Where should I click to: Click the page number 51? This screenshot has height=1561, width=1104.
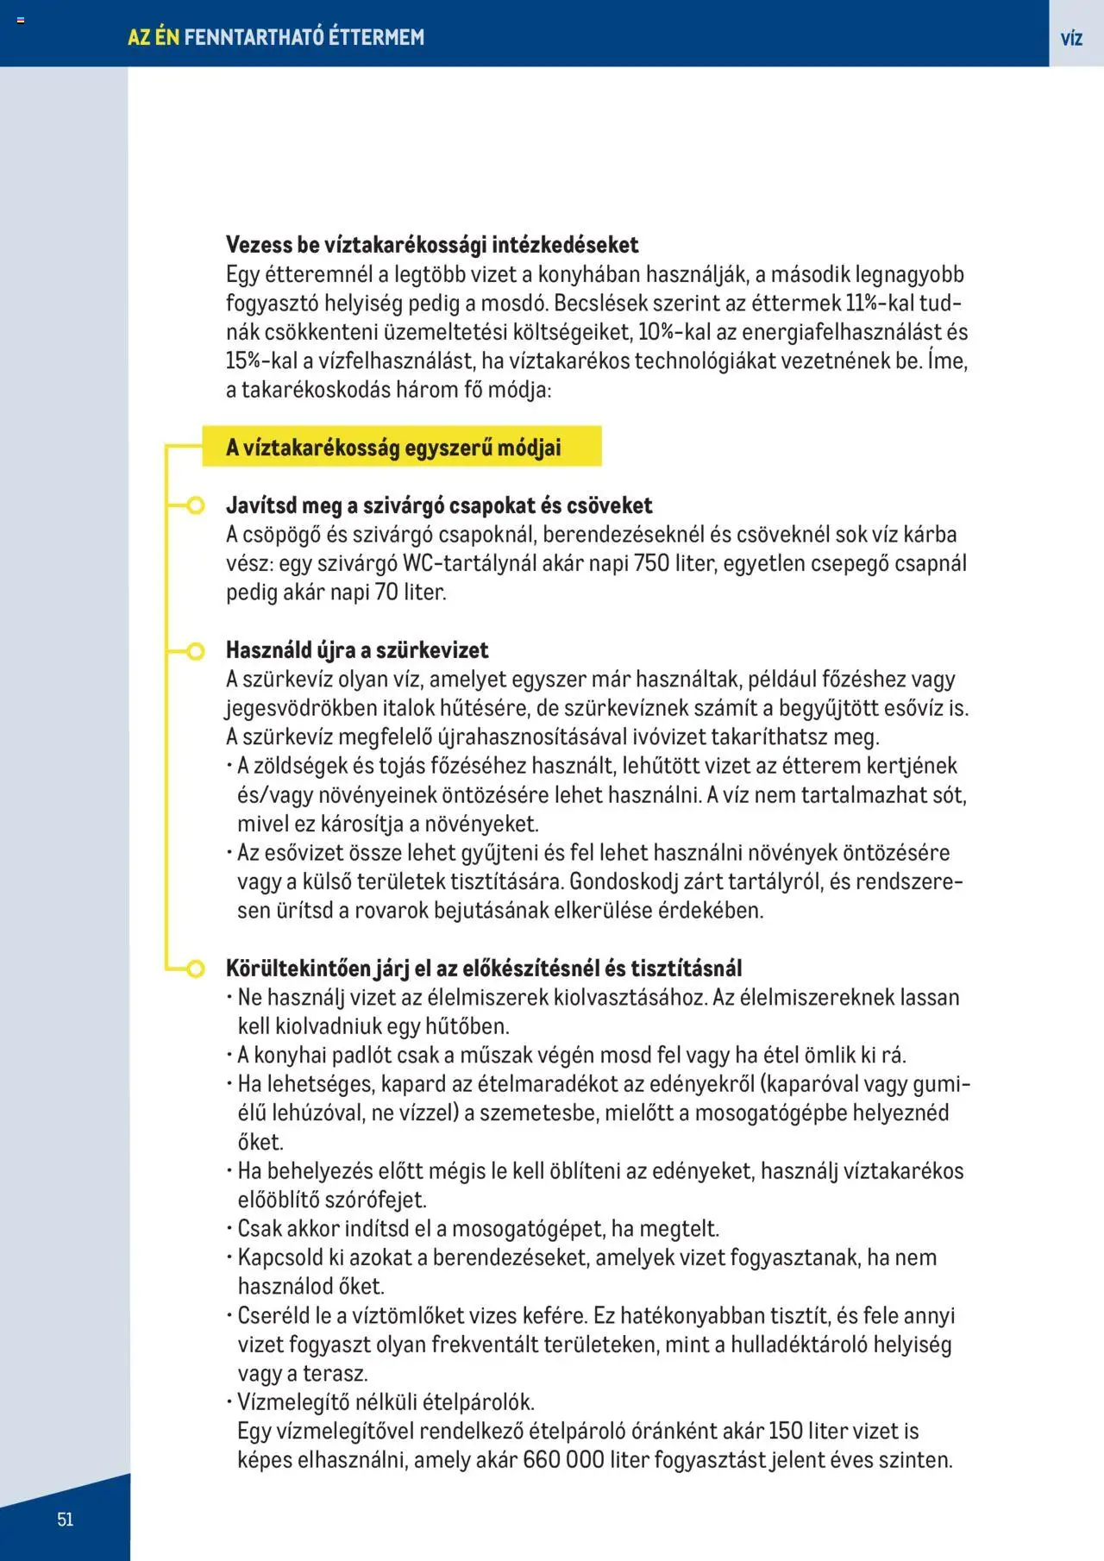(x=66, y=1520)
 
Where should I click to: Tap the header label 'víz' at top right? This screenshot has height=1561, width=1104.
(x=1071, y=38)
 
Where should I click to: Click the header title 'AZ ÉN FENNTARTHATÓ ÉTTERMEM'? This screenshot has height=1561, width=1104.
(x=276, y=37)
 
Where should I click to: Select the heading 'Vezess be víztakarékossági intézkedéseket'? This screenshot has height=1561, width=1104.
(x=432, y=245)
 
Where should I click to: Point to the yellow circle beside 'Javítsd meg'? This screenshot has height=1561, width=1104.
(x=196, y=505)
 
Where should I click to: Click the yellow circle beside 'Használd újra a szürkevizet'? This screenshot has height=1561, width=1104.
(x=196, y=650)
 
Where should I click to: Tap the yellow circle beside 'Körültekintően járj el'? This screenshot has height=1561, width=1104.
(x=196, y=969)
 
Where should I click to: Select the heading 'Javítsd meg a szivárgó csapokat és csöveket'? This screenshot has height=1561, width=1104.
(x=439, y=505)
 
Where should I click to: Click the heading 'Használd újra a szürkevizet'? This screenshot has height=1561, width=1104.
(x=357, y=650)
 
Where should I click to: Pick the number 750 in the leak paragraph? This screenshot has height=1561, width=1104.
(x=651, y=563)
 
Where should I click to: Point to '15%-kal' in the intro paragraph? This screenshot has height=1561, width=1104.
(x=261, y=361)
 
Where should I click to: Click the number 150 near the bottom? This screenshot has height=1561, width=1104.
(x=785, y=1431)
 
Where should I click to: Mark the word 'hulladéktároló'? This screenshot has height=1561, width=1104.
(x=799, y=1345)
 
